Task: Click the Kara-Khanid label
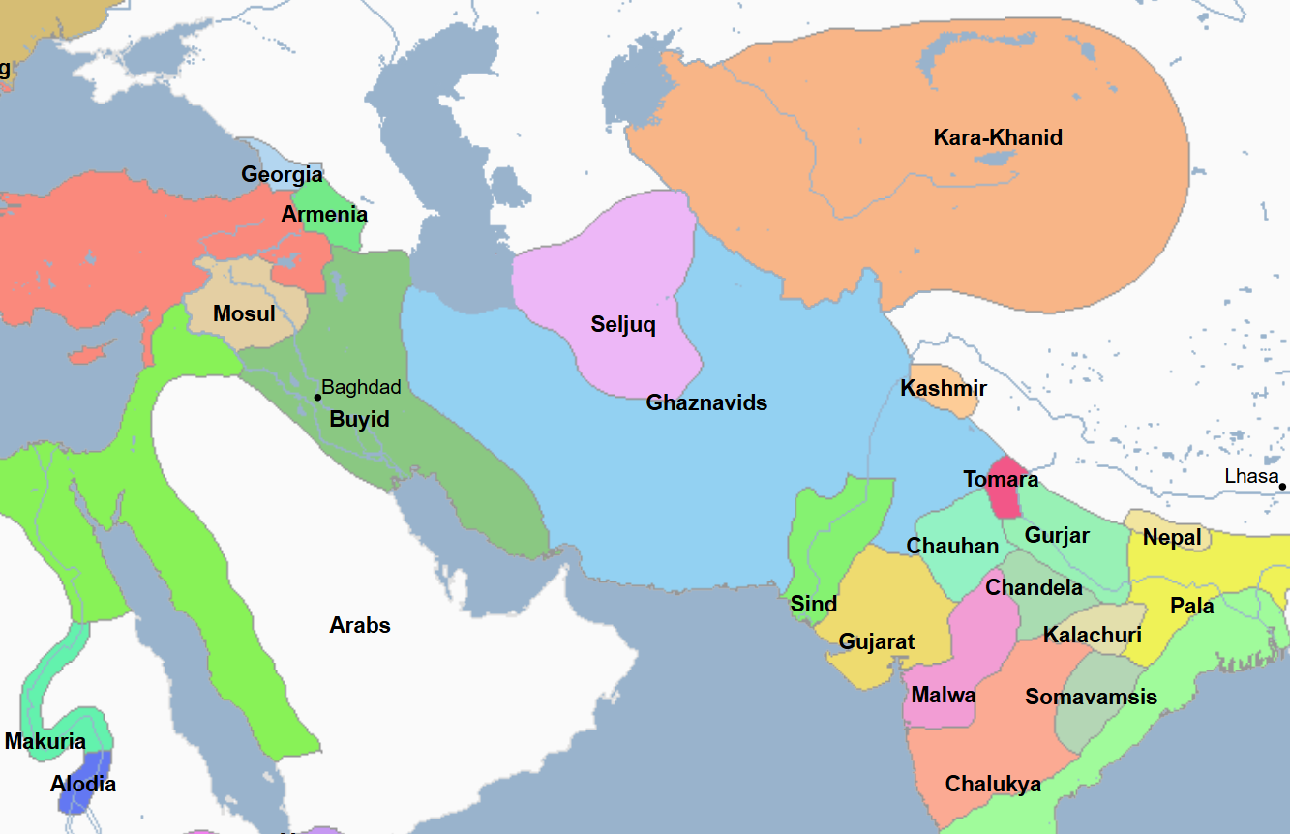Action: [998, 137]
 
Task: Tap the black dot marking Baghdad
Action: [317, 397]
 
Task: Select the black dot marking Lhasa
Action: [1282, 486]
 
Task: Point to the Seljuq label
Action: [623, 325]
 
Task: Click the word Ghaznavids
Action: [706, 402]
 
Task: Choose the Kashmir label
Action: [944, 389]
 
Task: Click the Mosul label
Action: [244, 313]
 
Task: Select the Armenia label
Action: [324, 215]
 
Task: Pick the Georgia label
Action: [282, 175]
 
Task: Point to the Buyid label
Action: [359, 420]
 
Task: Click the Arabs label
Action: [360, 625]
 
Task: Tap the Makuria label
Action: [45, 742]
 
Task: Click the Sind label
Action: [814, 604]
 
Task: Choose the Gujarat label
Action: [877, 642]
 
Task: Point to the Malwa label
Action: [944, 695]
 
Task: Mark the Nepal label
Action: [1172, 537]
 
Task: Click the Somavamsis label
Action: [1092, 697]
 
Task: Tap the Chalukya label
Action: [994, 784]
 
